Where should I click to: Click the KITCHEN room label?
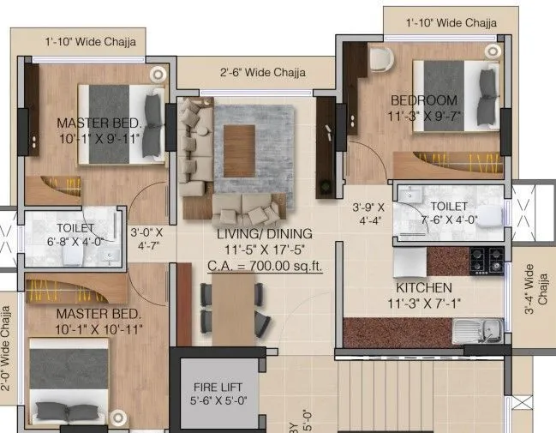424,287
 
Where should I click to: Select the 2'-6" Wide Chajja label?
263,74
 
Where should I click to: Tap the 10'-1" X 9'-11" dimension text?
99,139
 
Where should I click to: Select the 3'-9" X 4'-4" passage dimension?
369,213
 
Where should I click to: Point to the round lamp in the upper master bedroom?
157,75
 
